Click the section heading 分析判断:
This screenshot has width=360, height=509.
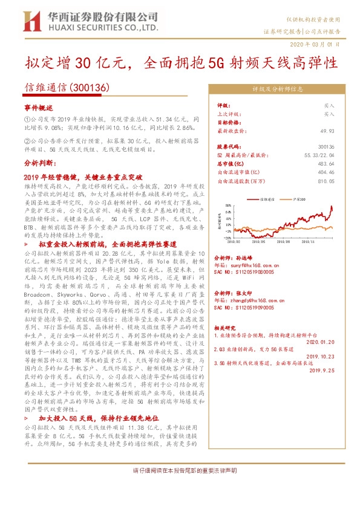click(x=40, y=163)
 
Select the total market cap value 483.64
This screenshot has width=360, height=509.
click(x=326, y=163)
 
